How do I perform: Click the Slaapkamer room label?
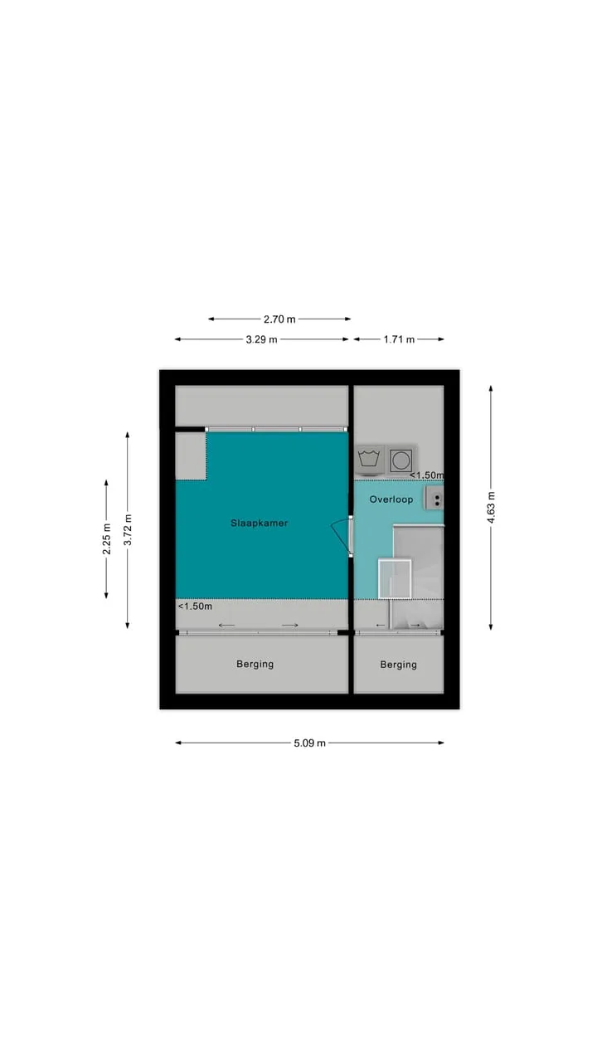pyautogui.click(x=260, y=523)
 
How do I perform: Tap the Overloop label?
pyautogui.click(x=391, y=499)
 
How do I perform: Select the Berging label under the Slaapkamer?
pyautogui.click(x=255, y=665)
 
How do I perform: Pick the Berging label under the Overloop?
pyautogui.click(x=399, y=665)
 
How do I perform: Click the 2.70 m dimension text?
pyautogui.click(x=279, y=319)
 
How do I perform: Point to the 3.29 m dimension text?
pyautogui.click(x=261, y=339)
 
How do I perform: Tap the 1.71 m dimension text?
pyautogui.click(x=399, y=339)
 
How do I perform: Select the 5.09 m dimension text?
pyautogui.click(x=309, y=743)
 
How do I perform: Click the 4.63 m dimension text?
pyautogui.click(x=491, y=508)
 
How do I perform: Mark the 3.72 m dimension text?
pyautogui.click(x=128, y=529)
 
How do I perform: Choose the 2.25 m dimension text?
pyautogui.click(x=107, y=538)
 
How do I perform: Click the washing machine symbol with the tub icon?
pyautogui.click(x=370, y=460)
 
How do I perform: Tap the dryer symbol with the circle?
pyautogui.click(x=401, y=460)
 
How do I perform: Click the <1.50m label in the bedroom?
pyautogui.click(x=195, y=607)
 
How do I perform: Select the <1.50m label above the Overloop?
pyautogui.click(x=427, y=475)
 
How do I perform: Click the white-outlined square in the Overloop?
pyautogui.click(x=395, y=579)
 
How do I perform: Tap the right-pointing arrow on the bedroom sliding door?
pyautogui.click(x=290, y=626)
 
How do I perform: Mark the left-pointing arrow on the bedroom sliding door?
pyautogui.click(x=226, y=626)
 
